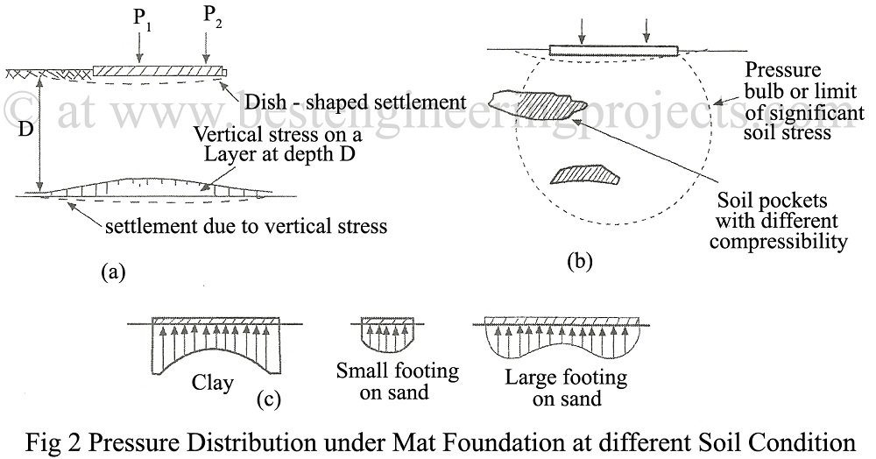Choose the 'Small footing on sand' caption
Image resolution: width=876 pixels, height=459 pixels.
pos(397,381)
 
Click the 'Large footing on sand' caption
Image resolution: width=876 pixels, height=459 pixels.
pos(566,389)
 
